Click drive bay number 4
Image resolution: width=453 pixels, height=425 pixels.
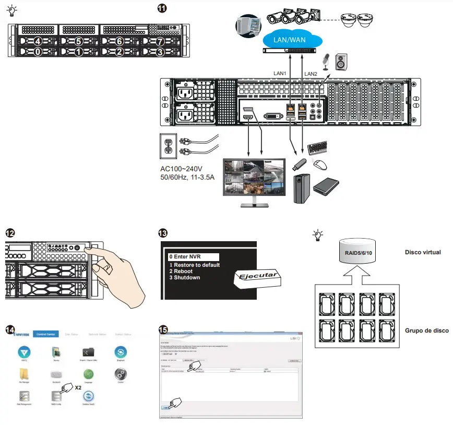(37, 41)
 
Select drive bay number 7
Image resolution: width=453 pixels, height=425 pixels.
(160, 41)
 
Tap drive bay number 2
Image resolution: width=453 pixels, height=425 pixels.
(120, 52)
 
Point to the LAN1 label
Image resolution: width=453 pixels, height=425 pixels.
(281, 74)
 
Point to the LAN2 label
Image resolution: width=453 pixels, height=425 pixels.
(311, 74)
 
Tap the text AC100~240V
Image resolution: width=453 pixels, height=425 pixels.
(182, 169)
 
